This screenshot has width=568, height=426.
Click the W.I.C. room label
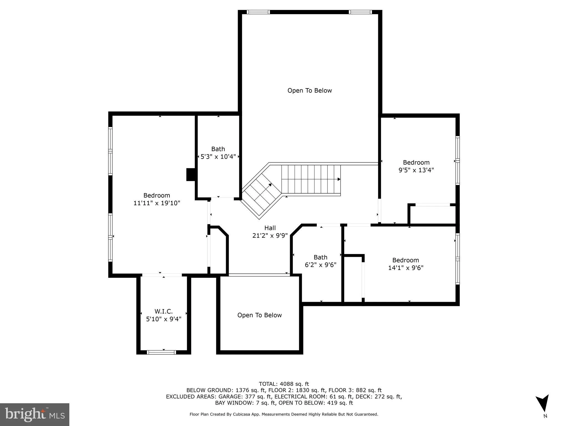(x=164, y=311)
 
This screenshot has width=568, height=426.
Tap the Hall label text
(x=270, y=228)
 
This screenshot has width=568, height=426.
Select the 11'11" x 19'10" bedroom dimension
(x=157, y=203)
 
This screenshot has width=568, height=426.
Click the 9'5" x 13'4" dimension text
(x=416, y=170)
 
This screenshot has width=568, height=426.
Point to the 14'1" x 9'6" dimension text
(x=405, y=268)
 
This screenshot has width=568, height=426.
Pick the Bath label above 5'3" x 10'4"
(x=218, y=149)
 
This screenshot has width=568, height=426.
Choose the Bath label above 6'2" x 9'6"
(x=320, y=257)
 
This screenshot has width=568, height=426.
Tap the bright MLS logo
(x=35, y=414)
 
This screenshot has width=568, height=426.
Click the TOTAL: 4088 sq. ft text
(x=284, y=384)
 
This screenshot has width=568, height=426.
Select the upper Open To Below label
(x=310, y=90)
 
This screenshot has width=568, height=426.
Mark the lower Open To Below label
(x=259, y=315)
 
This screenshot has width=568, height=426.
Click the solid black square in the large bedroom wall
(x=191, y=174)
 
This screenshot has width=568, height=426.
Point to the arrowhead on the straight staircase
(x=339, y=179)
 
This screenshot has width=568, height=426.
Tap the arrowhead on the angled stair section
(x=270, y=185)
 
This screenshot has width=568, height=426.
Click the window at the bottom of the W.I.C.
(x=161, y=352)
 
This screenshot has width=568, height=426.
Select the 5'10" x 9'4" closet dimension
(x=164, y=319)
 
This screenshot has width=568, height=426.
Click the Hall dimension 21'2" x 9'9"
(x=270, y=235)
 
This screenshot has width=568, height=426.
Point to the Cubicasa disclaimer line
(x=284, y=414)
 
